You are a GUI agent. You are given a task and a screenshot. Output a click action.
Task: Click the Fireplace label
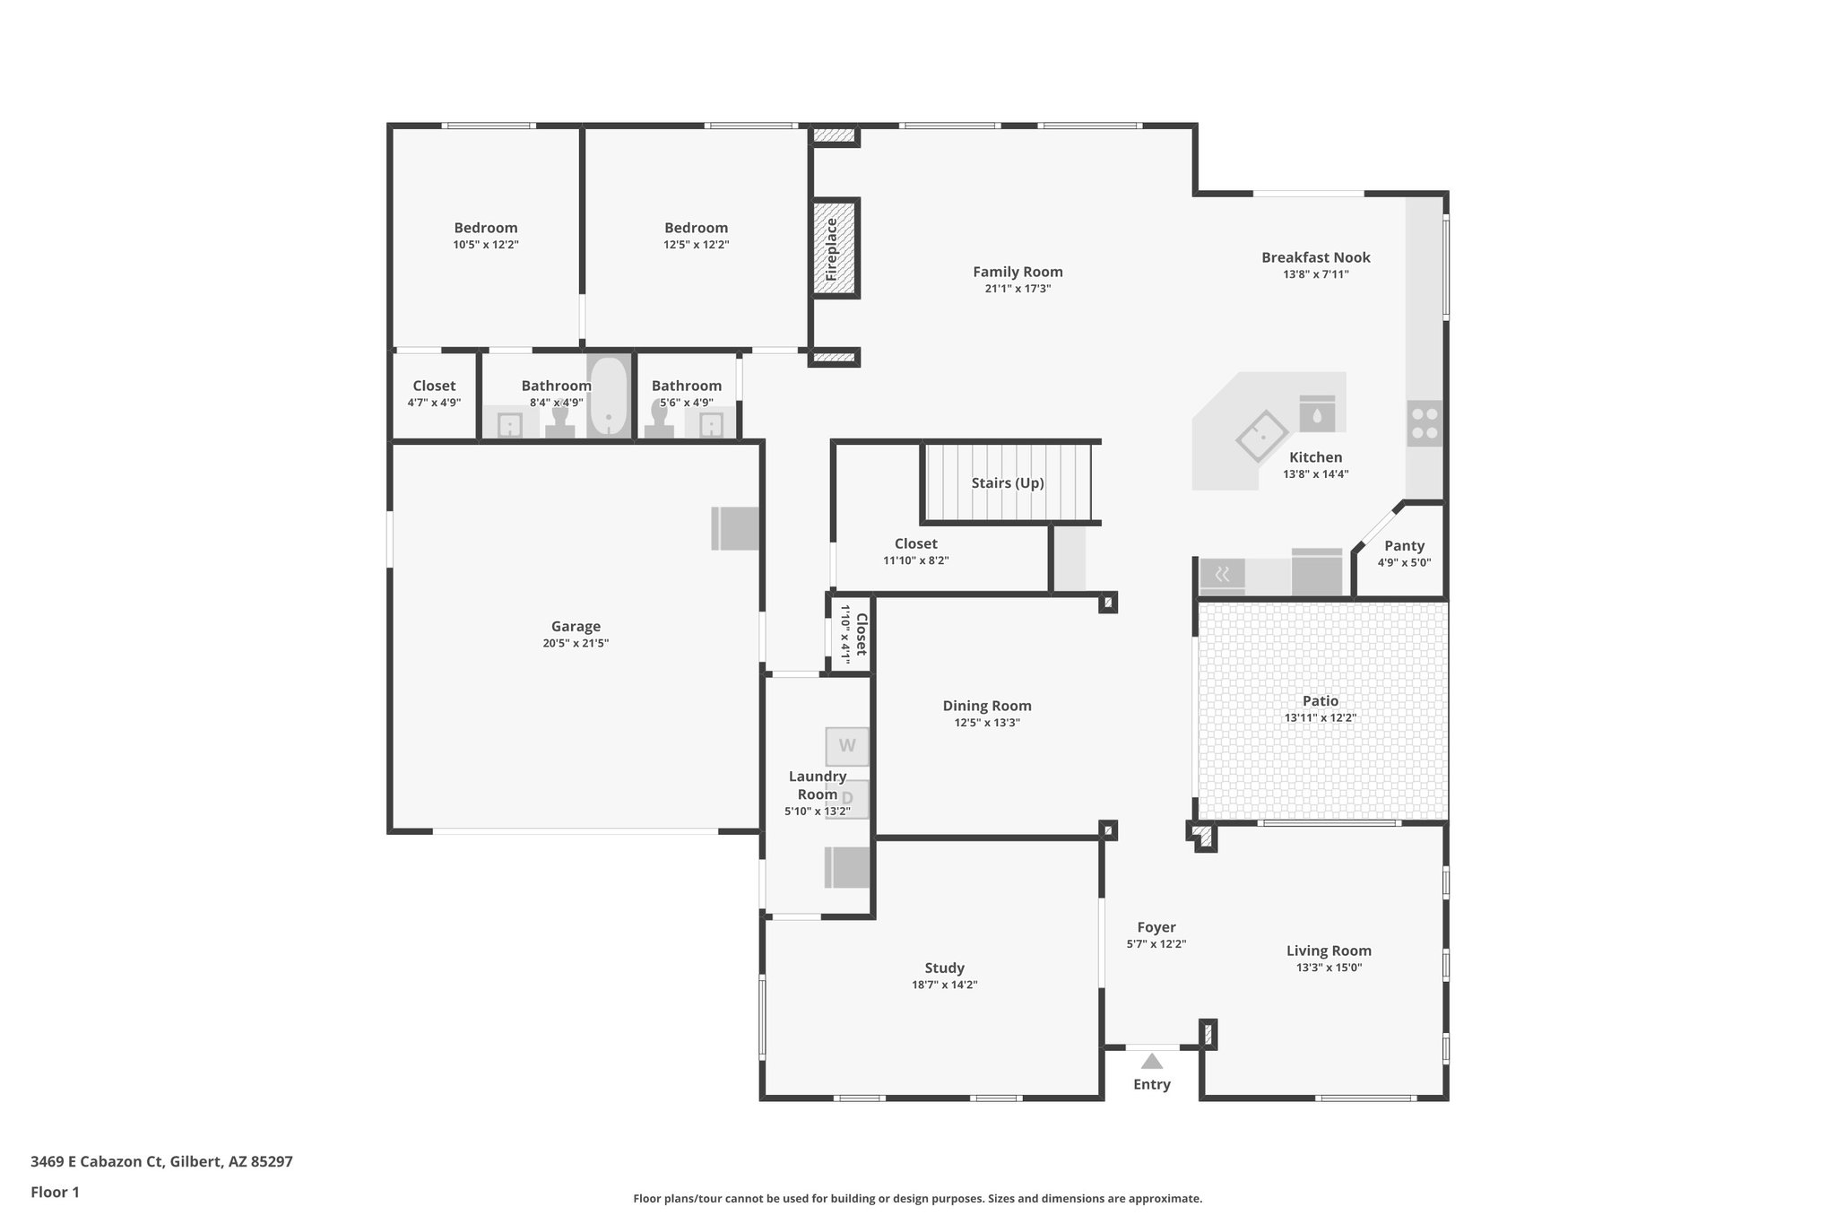coord(832,248)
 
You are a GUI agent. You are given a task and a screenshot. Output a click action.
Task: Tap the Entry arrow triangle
coord(1151,1062)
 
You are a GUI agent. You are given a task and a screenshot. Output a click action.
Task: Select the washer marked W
coord(846,745)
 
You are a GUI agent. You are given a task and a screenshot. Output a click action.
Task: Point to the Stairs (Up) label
coord(1008,483)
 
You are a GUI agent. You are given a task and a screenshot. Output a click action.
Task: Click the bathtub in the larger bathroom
coord(610,397)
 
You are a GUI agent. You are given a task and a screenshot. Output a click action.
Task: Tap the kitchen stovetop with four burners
coord(1424,423)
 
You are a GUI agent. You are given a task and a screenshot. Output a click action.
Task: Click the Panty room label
coord(1404,546)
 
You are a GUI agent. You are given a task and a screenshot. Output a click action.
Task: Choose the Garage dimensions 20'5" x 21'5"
coord(576,643)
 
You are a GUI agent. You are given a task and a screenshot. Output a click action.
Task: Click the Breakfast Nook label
coord(1315,258)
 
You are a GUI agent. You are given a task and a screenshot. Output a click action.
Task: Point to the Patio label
coord(1320,701)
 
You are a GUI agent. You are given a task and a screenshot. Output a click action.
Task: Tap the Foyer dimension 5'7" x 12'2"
coord(1156,944)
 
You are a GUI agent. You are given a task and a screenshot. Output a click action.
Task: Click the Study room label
coord(944,968)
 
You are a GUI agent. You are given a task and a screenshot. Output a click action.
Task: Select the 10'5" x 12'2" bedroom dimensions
coord(486,245)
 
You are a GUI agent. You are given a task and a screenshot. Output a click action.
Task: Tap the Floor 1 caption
coord(55,1193)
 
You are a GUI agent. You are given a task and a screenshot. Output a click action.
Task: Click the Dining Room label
coord(986,707)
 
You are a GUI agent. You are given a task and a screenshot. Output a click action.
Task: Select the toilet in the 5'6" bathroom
coord(660,421)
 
